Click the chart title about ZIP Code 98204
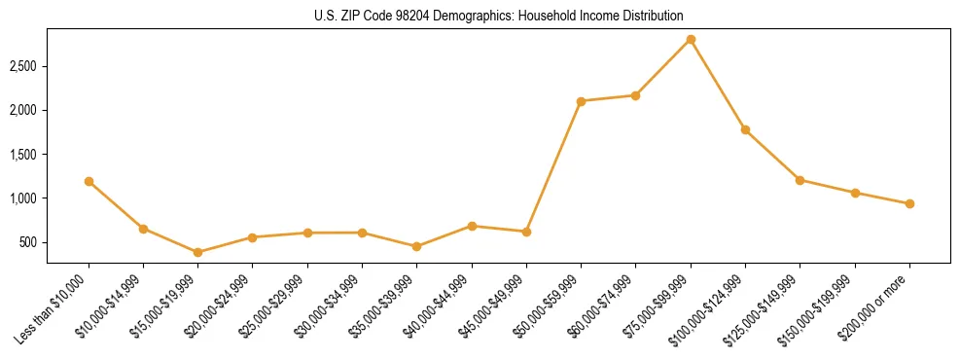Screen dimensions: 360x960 point(499,17)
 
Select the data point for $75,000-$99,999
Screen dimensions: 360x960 point(691,39)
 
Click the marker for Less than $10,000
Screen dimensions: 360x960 point(89,181)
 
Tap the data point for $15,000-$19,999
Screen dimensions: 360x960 point(198,252)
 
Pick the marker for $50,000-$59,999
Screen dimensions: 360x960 point(581,101)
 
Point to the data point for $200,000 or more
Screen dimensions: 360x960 point(909,203)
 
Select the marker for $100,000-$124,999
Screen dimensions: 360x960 point(745,129)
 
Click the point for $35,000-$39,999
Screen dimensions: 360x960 point(417,246)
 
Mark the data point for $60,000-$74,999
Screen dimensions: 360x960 point(635,95)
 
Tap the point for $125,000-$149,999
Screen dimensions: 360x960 point(800,180)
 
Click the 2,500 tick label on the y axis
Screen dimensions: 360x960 point(23,66)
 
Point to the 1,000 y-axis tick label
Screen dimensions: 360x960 point(23,198)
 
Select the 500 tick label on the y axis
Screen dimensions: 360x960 point(29,242)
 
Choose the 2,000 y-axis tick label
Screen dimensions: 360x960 point(23,110)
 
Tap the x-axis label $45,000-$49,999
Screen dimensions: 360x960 point(494,306)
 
